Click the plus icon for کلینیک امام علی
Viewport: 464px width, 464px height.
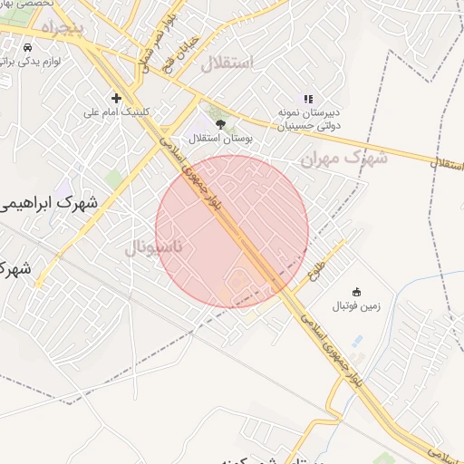point(116,98)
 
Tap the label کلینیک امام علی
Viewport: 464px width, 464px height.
point(116,112)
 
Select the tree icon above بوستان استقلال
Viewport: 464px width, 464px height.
point(220,124)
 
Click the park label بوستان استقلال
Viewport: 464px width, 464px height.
point(220,139)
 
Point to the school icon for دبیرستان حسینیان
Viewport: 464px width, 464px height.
point(308,99)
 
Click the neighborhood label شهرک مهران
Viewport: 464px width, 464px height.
point(343,157)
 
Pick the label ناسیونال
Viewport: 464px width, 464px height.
point(153,247)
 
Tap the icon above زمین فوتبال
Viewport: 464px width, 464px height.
point(357,292)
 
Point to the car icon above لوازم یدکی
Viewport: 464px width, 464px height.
point(28,46)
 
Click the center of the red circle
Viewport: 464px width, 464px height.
point(232,231)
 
